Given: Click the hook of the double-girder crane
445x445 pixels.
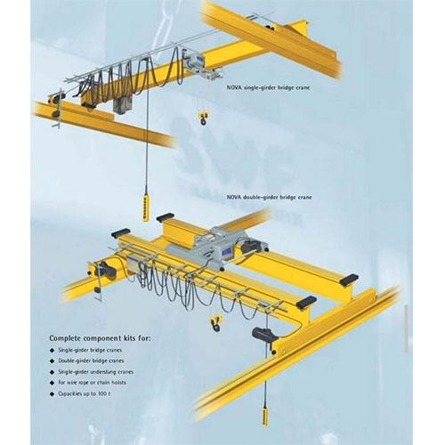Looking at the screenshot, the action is click(216, 323).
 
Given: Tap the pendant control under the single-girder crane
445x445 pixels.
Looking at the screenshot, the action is click(146, 203).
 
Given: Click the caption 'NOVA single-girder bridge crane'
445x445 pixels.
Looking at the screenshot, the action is click(268, 88).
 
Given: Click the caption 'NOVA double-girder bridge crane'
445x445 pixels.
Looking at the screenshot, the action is click(270, 197).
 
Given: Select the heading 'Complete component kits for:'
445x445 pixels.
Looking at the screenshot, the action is click(100, 338).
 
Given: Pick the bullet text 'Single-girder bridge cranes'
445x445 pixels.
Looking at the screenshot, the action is click(90, 350).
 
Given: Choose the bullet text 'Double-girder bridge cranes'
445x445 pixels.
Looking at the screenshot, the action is click(91, 361).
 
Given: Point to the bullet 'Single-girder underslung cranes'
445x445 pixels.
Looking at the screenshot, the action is click(96, 372).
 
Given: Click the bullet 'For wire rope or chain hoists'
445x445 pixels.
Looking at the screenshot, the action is click(92, 383).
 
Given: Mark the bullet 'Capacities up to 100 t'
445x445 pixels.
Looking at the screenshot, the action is click(85, 394).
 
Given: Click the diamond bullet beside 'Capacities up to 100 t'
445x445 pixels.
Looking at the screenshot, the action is click(53, 394).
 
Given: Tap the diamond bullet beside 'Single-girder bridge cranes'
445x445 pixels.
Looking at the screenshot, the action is click(53, 351).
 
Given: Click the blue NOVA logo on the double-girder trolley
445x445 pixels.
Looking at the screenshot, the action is click(224, 252).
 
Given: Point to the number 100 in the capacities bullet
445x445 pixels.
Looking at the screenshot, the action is click(101, 394).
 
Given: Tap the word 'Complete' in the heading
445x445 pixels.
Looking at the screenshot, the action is click(65, 338).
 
